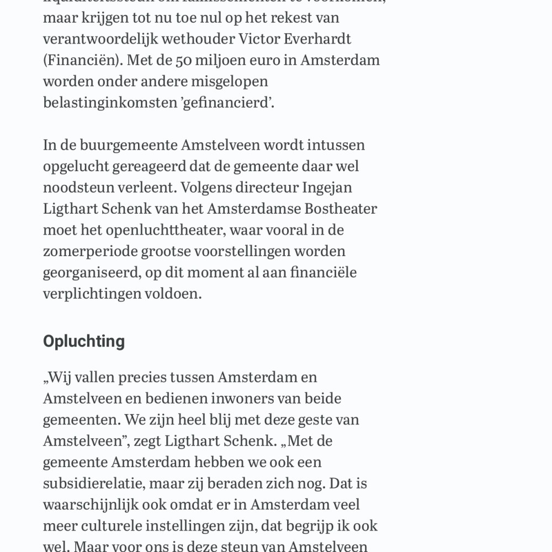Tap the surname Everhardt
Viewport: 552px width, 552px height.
pos(321,39)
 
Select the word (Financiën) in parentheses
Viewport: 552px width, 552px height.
pos(83,60)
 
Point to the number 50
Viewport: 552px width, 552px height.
pos(184,60)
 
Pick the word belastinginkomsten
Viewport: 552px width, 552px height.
pos(108,102)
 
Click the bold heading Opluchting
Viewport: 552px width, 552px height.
pos(84,341)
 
